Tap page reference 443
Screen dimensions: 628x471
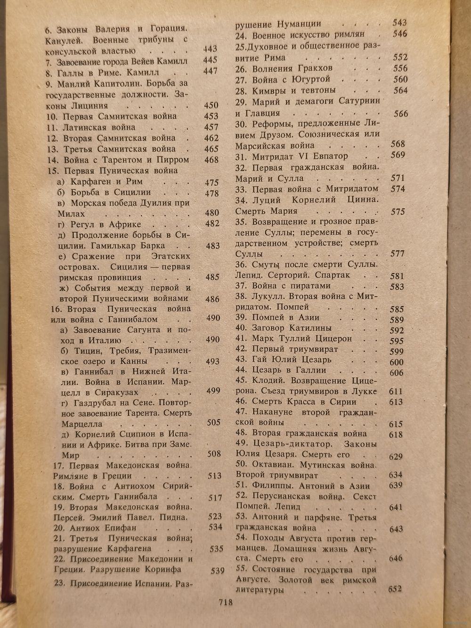[x=210, y=49]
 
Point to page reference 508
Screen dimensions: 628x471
[x=214, y=454]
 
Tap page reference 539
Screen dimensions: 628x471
[x=217, y=571]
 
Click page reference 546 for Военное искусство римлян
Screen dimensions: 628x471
[x=400, y=33]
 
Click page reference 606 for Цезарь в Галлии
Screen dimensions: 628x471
[x=397, y=372]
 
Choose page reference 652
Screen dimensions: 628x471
[x=394, y=589]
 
